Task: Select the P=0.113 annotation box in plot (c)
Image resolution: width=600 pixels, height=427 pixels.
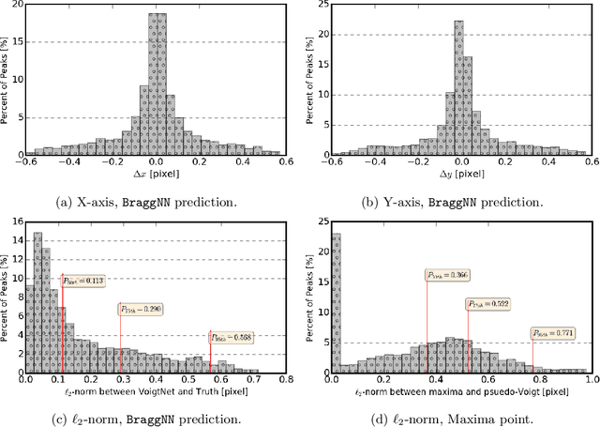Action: (x=83, y=279)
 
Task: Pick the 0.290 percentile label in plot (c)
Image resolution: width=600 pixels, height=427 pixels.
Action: (x=140, y=309)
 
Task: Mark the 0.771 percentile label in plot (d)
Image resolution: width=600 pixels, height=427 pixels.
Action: (x=553, y=332)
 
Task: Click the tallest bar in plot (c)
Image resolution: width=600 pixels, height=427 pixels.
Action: (x=37, y=300)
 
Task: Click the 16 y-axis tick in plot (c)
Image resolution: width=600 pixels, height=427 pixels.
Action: (x=12, y=221)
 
